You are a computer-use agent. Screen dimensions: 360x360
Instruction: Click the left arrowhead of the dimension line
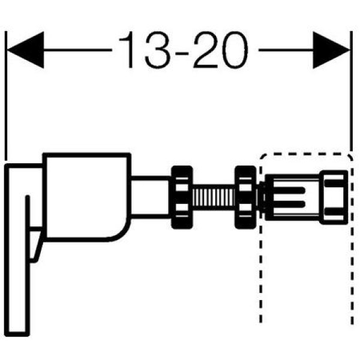tap(25, 50)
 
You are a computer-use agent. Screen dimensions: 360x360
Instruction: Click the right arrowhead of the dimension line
tap(331, 50)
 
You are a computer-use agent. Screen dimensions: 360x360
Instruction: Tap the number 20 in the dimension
tap(221, 50)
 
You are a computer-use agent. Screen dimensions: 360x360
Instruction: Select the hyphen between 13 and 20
tap(182, 54)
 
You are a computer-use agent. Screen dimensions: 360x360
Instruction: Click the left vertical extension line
tap(6, 96)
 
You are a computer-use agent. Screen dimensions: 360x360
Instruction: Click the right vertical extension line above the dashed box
tap(351, 91)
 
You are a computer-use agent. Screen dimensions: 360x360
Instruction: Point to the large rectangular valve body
tap(86, 197)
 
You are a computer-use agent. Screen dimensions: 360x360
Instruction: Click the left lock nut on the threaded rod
tap(182, 197)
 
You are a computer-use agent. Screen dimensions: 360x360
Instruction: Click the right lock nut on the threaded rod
tap(245, 197)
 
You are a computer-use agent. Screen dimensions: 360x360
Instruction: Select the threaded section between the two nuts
tap(214, 197)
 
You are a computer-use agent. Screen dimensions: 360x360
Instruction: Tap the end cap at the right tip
tap(334, 197)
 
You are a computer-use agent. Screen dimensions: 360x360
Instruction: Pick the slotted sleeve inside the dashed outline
tap(292, 197)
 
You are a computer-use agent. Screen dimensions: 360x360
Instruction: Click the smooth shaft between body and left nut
tap(151, 197)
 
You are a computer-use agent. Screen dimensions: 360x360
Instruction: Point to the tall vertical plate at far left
tap(17, 250)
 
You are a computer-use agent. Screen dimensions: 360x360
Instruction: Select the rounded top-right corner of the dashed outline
tap(349, 157)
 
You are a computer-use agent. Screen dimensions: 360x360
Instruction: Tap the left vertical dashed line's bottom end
tap(260, 322)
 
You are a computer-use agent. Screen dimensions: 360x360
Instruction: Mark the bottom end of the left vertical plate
tap(17, 335)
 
